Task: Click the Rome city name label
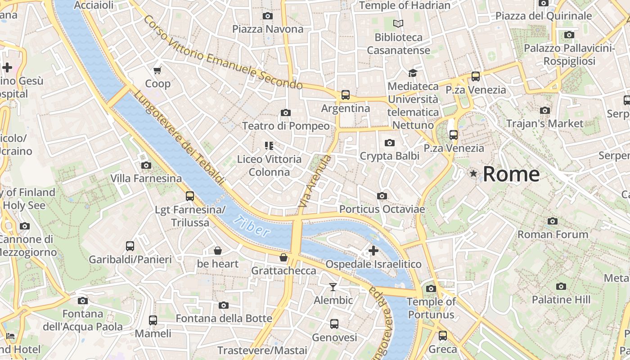tap(511, 174)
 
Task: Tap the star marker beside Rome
tap(473, 173)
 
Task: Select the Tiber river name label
tap(252, 226)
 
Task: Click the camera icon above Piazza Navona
tap(268, 16)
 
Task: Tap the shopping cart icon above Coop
tap(157, 70)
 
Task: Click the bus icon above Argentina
tap(345, 95)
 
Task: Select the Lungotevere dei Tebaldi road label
tap(179, 138)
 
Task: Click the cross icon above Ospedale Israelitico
tap(373, 251)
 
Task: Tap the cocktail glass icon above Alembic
tap(333, 287)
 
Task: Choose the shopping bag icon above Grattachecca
tap(283, 257)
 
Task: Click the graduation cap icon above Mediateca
tap(413, 73)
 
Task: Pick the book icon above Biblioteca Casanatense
tap(398, 23)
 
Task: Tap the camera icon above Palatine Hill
tap(561, 286)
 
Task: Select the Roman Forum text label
tap(553, 234)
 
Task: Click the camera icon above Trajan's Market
tap(544, 110)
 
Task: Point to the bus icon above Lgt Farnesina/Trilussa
tap(190, 196)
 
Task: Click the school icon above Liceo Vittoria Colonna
tap(269, 145)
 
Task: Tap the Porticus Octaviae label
tap(382, 209)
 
